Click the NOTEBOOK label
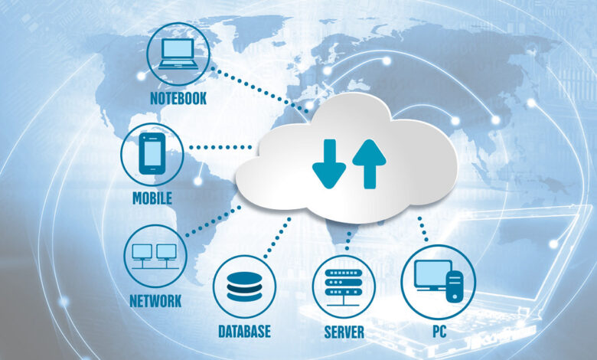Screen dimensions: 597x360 178,98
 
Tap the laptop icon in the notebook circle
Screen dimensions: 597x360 178,54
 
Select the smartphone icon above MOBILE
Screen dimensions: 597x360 152,153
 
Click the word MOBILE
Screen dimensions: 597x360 152,198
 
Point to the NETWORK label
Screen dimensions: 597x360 155,301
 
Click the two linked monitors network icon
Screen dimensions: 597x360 155,257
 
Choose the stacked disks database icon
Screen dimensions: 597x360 244,286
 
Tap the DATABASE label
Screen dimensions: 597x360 244,332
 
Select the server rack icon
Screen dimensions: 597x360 344,287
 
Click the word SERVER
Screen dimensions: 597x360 344,332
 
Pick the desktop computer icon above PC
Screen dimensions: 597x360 439,281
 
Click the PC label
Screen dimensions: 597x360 439,332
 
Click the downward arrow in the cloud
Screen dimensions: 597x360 329,164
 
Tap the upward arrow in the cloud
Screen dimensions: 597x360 370,164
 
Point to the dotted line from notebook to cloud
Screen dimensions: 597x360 259,90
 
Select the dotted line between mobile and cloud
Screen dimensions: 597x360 220,147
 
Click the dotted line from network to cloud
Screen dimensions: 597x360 214,221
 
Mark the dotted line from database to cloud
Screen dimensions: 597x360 277,237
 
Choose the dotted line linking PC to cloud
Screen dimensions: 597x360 422,229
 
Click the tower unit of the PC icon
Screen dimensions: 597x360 455,286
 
